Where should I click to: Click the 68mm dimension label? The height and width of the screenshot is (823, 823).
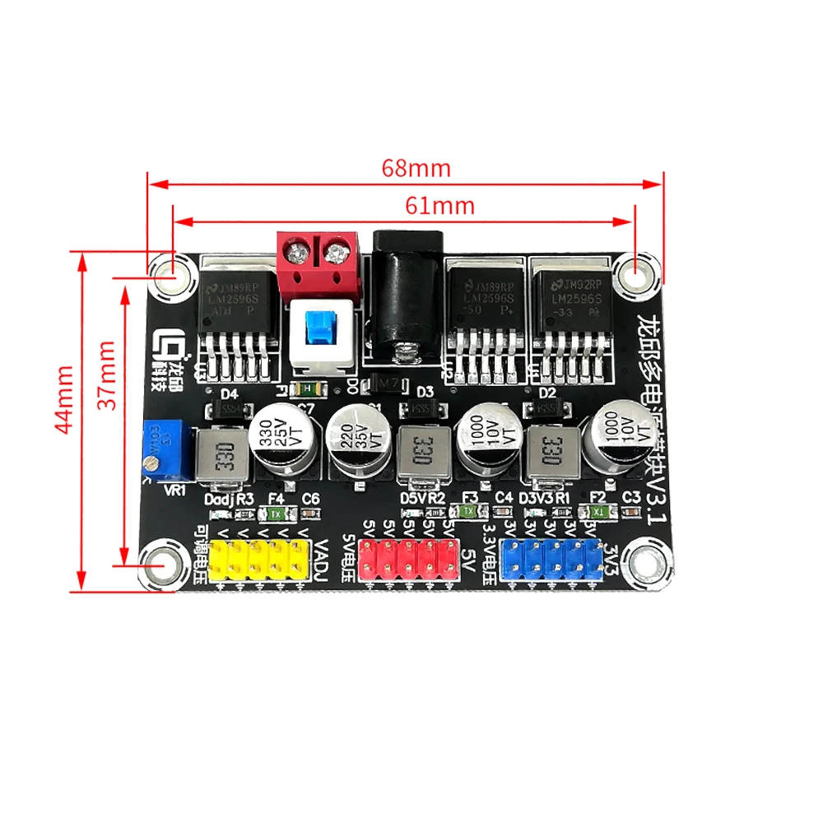click(x=416, y=168)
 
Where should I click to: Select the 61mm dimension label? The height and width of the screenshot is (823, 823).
click(x=440, y=205)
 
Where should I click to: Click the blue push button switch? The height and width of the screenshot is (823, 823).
click(x=321, y=329)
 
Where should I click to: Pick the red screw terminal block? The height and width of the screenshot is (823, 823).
click(x=319, y=265)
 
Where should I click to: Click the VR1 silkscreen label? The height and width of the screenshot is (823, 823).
click(x=176, y=491)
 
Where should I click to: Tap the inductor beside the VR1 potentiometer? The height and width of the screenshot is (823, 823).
click(x=223, y=454)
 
